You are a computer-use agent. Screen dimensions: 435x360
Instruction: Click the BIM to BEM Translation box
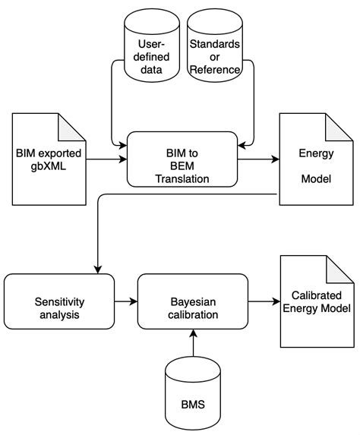182,159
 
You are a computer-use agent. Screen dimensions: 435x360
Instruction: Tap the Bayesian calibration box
192,302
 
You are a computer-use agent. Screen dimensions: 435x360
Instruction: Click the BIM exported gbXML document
45,159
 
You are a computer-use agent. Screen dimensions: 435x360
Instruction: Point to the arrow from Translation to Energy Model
257,160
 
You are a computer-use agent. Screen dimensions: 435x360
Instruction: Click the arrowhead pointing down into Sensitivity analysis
98,268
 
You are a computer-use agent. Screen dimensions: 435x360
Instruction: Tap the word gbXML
45,166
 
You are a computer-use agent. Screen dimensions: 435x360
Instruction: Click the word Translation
182,179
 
